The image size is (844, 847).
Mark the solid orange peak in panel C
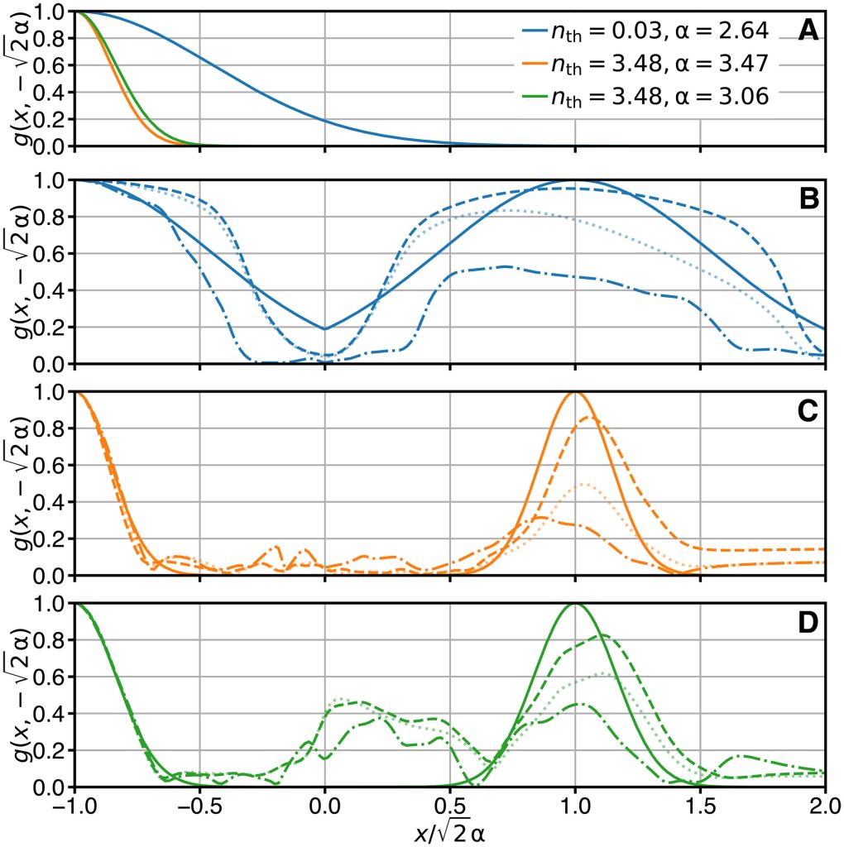pyautogui.click(x=575, y=393)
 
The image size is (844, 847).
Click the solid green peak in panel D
pyautogui.click(x=575, y=605)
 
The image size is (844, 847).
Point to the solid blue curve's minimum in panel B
pyautogui.click(x=324, y=329)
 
